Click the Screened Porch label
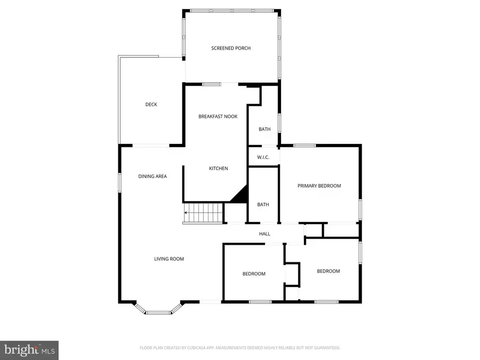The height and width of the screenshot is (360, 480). point(230,48)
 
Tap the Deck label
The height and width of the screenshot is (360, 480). point(151,105)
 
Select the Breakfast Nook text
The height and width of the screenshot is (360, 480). point(218,116)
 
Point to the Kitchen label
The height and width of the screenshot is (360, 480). point(218,169)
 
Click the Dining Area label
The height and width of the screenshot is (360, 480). point(153,176)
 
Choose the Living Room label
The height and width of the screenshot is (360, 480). point(169,259)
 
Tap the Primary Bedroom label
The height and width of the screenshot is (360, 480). point(319,186)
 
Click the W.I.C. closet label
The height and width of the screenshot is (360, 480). point(263,157)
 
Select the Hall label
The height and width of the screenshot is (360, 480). point(265,234)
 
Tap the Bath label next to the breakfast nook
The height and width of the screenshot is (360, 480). point(265,129)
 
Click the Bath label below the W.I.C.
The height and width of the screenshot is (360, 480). point(263,204)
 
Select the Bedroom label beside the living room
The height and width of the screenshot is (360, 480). point(254,274)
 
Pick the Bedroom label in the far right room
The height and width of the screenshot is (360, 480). point(328,271)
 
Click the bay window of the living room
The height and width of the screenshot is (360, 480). point(158,311)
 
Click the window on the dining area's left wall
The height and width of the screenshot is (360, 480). point(119,181)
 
